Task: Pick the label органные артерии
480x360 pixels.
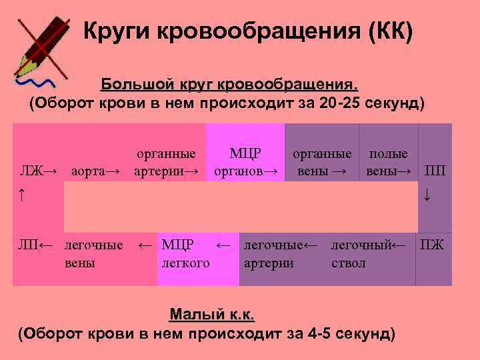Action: click(166, 163)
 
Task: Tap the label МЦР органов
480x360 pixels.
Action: click(245, 163)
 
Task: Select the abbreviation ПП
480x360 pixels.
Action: click(435, 171)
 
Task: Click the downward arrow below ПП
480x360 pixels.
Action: click(427, 195)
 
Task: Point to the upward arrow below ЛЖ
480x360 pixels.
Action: click(22, 195)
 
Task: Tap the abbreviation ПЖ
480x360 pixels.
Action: click(431, 245)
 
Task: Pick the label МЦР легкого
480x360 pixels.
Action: click(185, 254)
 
